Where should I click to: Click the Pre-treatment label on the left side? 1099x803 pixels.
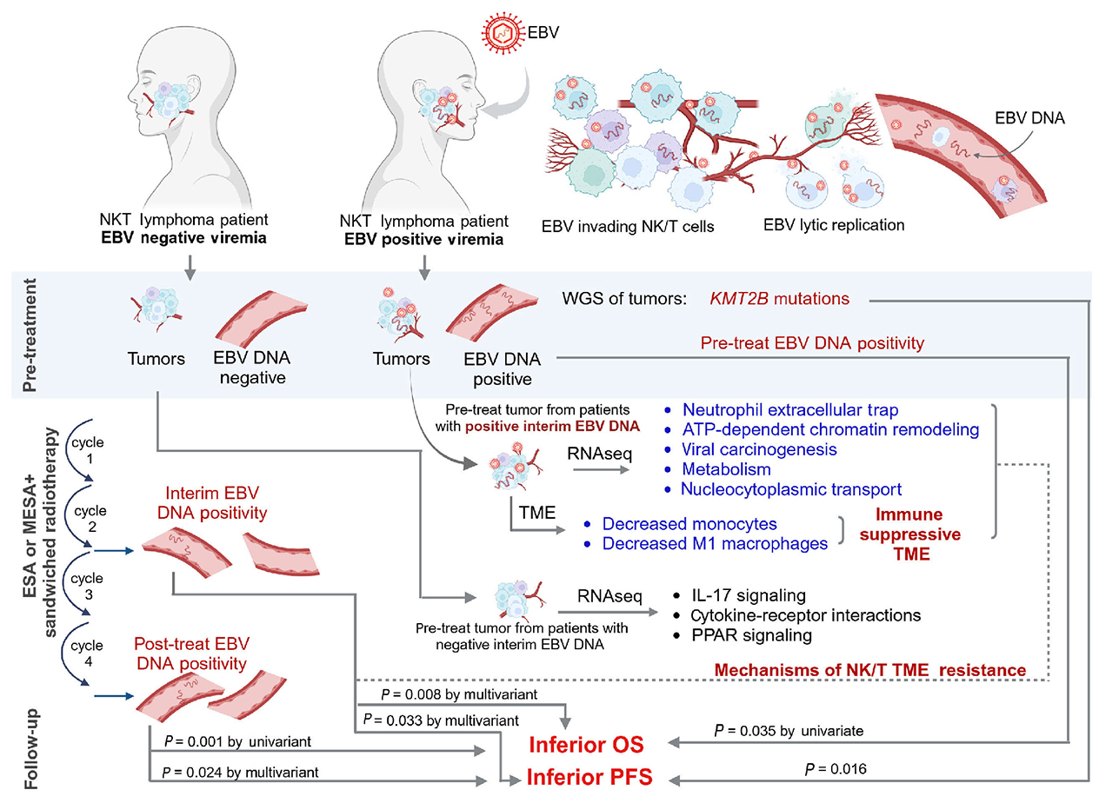(x=27, y=335)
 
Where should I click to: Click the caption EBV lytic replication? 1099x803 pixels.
(x=832, y=224)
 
